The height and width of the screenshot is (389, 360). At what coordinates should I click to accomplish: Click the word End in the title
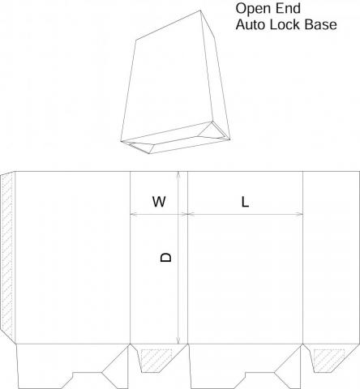point(289,8)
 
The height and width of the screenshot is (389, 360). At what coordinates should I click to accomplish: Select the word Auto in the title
point(251,24)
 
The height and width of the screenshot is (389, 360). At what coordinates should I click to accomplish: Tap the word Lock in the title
point(285,24)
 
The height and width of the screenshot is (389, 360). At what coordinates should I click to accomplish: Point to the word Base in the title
point(321,24)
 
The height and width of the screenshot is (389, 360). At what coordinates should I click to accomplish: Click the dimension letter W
point(159,202)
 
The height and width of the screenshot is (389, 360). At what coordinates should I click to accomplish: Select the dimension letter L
point(245,202)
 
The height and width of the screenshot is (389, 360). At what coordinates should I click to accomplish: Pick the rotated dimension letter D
point(165,257)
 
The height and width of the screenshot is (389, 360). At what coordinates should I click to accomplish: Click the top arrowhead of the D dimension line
point(178,174)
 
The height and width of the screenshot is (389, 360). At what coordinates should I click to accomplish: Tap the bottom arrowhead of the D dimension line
point(178,340)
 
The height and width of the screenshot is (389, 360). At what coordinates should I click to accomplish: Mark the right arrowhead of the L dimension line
point(300,214)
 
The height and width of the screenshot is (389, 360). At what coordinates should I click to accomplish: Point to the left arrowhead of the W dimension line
point(134,214)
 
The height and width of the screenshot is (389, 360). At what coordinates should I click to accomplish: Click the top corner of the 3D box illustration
point(200,11)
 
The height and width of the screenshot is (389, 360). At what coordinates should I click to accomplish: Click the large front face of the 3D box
point(168,79)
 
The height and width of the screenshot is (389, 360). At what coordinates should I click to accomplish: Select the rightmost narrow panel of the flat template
point(332,258)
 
